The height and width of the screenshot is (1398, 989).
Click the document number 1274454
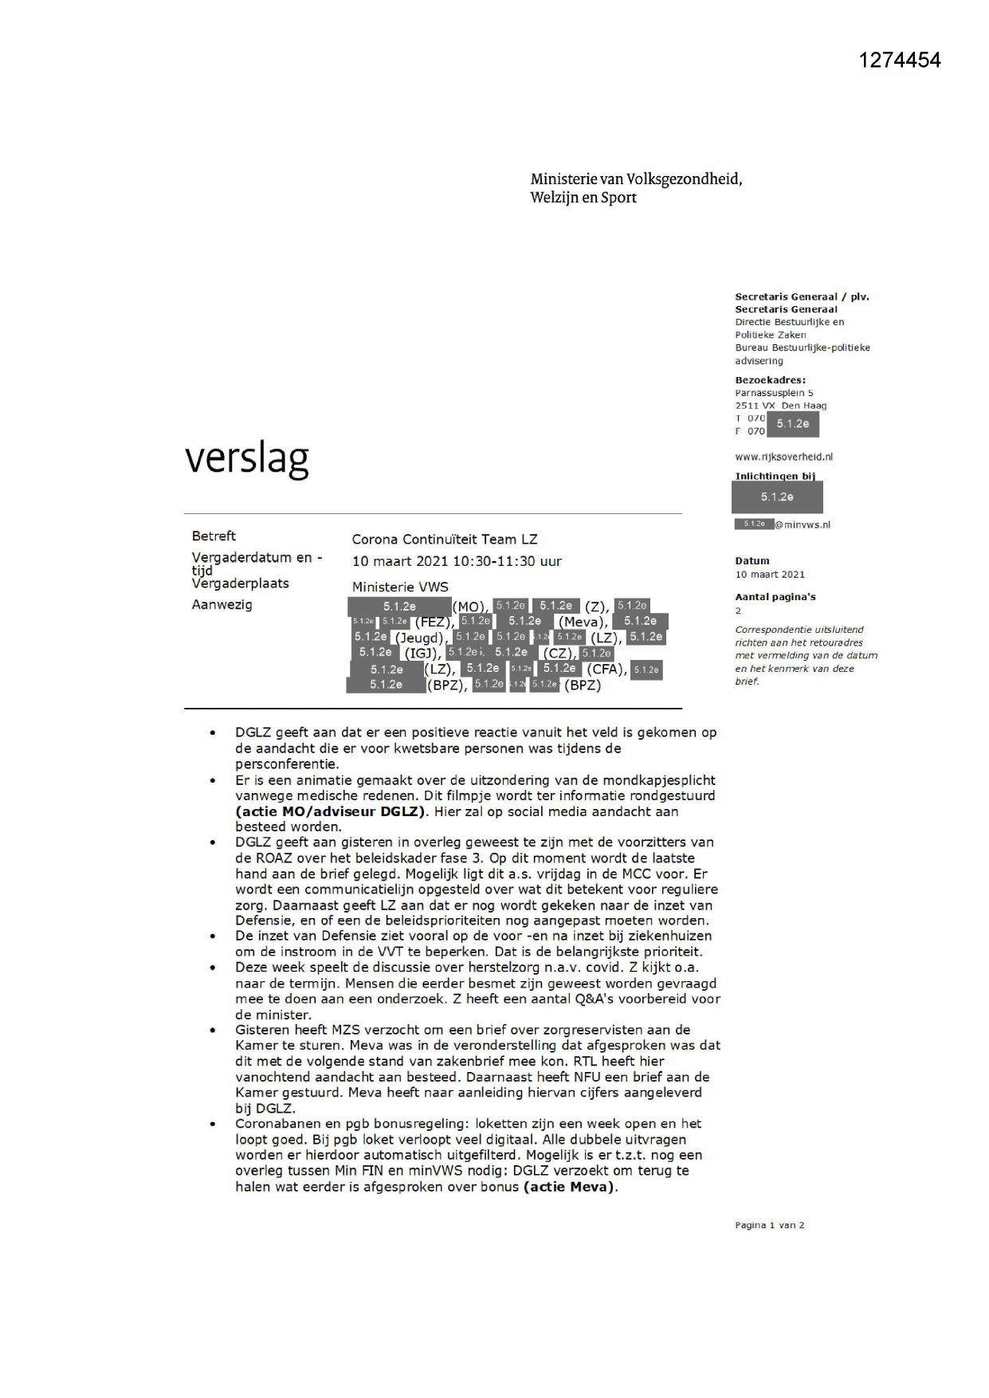pos(900,60)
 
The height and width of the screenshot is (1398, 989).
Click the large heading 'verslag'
pos(246,458)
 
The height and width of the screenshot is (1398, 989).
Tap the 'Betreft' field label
pos(214,536)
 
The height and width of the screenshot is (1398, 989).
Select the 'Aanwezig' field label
pos(222,604)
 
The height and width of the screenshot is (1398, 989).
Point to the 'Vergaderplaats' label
pos(240,583)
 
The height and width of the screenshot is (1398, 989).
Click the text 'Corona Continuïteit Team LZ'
pos(445,540)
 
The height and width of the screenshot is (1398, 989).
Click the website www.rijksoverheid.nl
pos(783,457)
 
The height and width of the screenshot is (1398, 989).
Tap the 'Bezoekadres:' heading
pos(770,380)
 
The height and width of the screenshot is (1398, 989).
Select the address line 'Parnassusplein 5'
pos(774,393)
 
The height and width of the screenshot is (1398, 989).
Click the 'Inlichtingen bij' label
pos(775,476)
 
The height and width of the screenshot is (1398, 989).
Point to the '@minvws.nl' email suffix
pos(803,524)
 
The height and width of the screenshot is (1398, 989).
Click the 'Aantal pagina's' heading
pos(775,596)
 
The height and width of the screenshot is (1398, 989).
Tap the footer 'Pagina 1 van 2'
pos(769,1225)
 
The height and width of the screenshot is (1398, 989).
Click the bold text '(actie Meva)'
pos(570,1186)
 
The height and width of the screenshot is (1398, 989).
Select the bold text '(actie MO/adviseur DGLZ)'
pos(331,811)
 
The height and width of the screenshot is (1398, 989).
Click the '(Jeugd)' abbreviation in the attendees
pos(419,638)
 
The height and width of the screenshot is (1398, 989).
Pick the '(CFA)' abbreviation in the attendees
pos(606,670)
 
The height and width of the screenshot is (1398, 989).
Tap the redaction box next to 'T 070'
pos(792,424)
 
